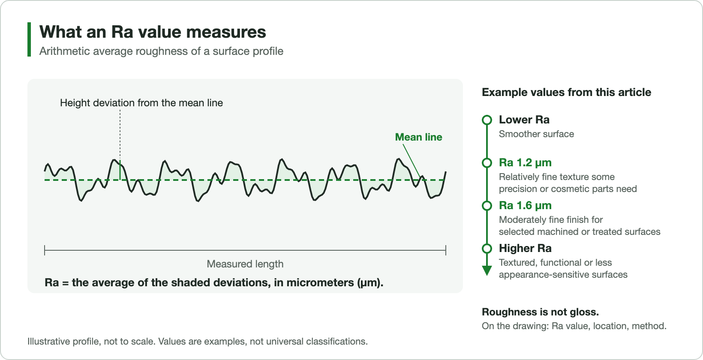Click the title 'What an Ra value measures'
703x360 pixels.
point(153,32)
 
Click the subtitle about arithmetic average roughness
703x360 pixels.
point(161,51)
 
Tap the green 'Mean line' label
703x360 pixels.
point(418,137)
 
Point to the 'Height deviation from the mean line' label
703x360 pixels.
point(141,103)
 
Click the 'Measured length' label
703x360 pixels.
point(245,264)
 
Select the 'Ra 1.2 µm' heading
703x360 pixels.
point(525,162)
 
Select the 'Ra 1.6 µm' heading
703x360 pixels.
point(525,206)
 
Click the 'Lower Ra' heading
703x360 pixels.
point(524,120)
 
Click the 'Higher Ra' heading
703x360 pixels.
point(525,248)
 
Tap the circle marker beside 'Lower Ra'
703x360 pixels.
point(487,116)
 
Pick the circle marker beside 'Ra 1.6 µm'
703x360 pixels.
point(487,201)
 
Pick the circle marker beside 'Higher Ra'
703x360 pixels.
point(487,244)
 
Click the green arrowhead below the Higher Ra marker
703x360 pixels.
point(487,270)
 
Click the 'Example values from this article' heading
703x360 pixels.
point(567,92)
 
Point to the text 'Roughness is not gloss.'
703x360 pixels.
point(540,312)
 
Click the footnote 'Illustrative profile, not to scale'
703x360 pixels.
point(91,342)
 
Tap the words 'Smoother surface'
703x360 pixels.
point(536,134)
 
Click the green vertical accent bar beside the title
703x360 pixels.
point(29,39)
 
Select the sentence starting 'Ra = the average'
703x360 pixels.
point(214,282)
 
